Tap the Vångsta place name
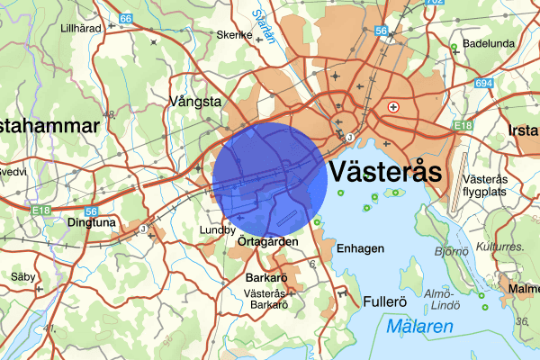[196, 102]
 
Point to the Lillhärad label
[80, 28]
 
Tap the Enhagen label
[360, 248]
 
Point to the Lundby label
[218, 230]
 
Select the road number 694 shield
[484, 83]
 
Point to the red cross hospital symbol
[392, 107]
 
